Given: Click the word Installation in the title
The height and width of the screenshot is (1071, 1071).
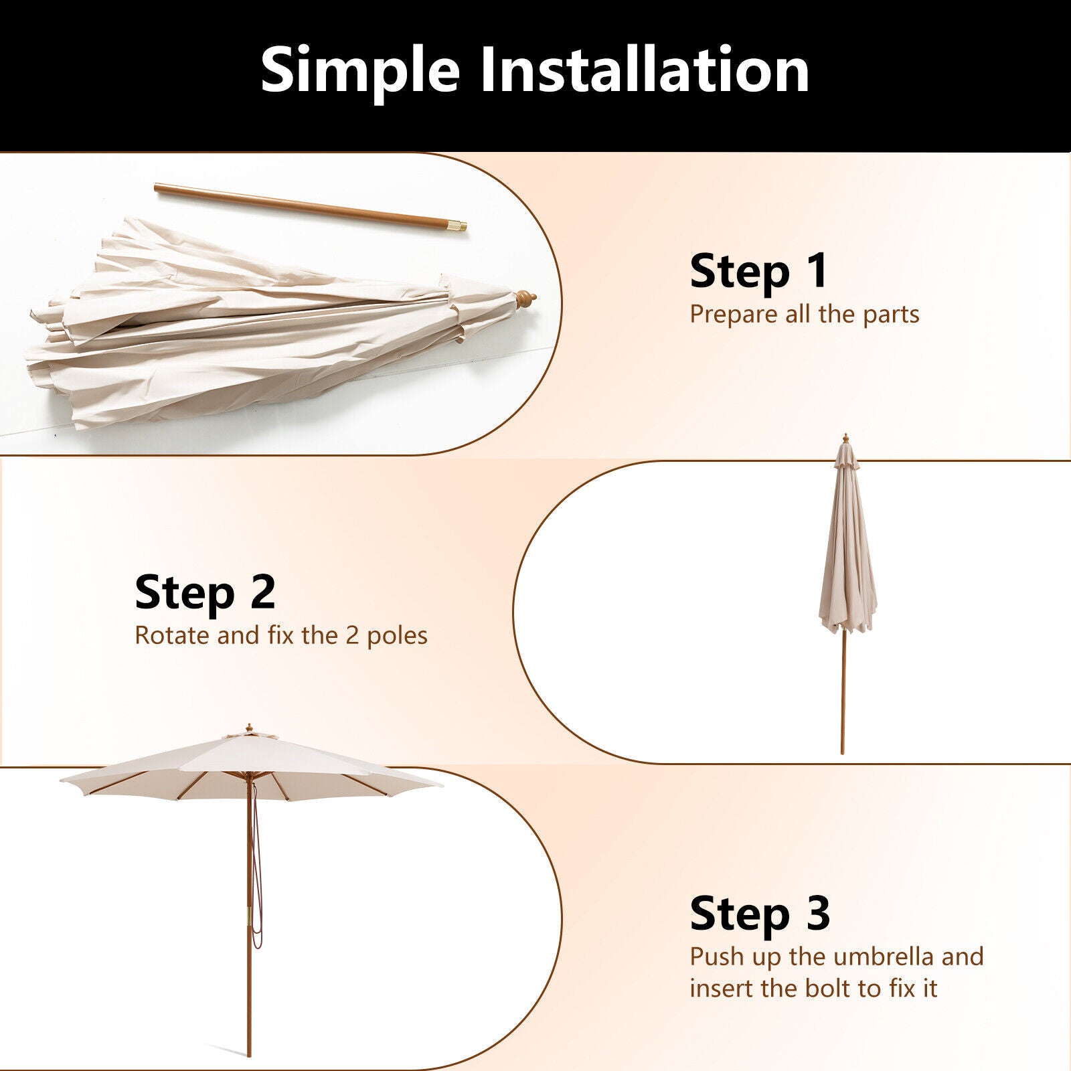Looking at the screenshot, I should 645,70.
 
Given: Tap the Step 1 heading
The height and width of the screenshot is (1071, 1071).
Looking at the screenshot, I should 759,271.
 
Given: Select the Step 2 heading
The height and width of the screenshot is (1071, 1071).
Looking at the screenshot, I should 205,592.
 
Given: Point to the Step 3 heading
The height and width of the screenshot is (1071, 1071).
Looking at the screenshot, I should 760,914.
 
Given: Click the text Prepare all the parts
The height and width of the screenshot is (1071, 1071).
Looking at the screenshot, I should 804,315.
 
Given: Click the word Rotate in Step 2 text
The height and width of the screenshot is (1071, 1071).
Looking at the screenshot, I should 172,635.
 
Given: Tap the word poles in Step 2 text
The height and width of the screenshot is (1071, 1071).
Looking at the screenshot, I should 397,636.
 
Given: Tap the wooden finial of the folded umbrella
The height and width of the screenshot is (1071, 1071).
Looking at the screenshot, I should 524,299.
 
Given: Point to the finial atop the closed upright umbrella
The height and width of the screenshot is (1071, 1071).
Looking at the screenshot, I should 845,438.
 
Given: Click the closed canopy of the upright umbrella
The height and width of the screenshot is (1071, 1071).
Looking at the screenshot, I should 847,549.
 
